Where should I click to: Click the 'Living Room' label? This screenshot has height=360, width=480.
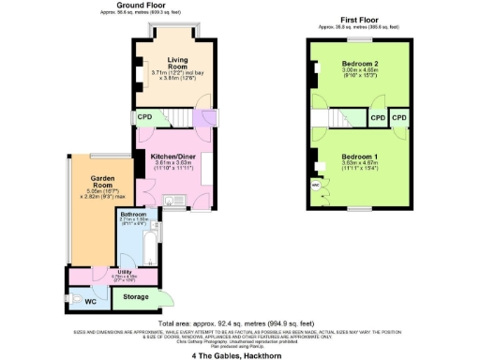tap(177, 64)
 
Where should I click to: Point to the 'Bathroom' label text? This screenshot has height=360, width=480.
tap(133, 215)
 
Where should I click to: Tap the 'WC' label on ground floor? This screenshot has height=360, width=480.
tap(90, 302)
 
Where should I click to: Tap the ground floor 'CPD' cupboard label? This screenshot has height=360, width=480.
tap(145, 117)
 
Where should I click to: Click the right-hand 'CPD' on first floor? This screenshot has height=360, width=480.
tap(399, 118)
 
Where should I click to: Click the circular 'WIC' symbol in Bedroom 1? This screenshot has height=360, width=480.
tap(314, 185)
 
